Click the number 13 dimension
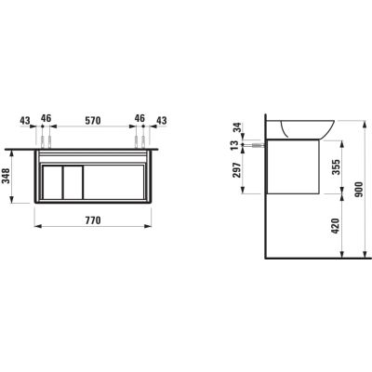click(237, 145)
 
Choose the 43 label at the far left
click(24, 120)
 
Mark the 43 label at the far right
click(161, 120)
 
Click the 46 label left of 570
click(46, 120)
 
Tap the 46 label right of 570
click(140, 120)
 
